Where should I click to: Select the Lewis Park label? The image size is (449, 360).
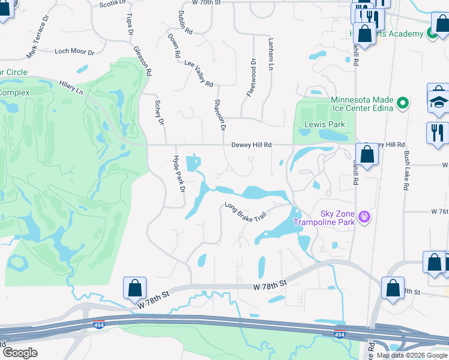pyautogui.click(x=316, y=124)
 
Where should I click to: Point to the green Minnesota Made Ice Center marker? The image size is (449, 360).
pyautogui.click(x=403, y=103)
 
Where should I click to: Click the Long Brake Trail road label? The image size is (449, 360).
pyautogui.click(x=245, y=214)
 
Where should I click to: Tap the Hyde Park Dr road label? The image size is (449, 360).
pyautogui.click(x=177, y=175)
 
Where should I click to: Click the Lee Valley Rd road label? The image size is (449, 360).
pyautogui.click(x=199, y=73)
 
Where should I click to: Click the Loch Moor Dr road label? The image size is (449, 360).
pyautogui.click(x=74, y=52)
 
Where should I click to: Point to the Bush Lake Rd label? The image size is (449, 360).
pyautogui.click(x=407, y=171)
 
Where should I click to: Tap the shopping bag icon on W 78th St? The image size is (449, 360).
pyautogui.click(x=135, y=288)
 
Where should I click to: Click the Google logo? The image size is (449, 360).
pyautogui.click(x=20, y=352)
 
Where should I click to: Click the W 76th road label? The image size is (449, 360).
pyautogui.click(x=440, y=212)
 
